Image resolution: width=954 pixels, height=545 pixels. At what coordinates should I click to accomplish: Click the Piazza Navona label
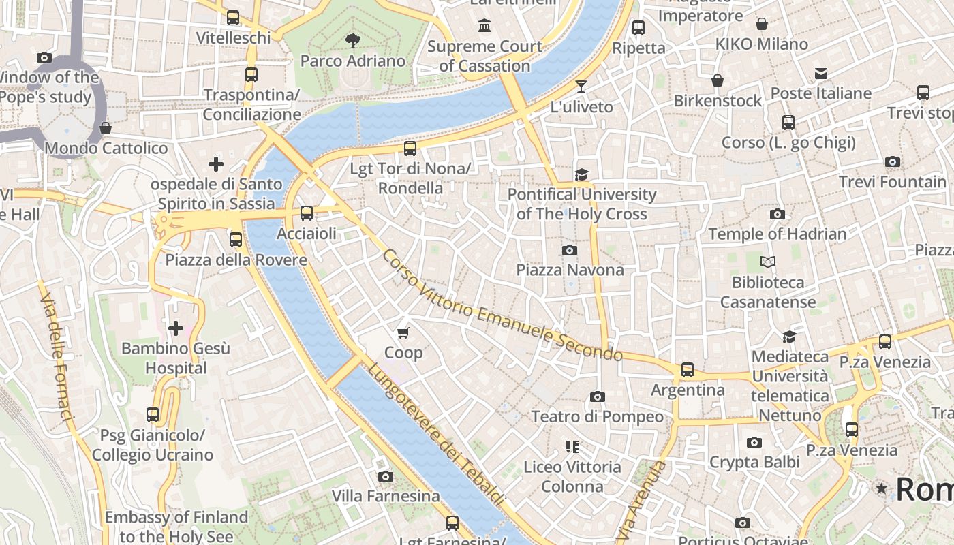point(570,270)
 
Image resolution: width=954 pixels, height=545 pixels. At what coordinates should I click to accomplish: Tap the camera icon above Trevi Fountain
point(892,162)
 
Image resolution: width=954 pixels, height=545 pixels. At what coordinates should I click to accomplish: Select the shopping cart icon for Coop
point(403,332)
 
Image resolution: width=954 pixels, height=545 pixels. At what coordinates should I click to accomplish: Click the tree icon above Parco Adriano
point(352,41)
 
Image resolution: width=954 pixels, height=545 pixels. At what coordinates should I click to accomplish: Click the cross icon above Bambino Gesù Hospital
point(176,329)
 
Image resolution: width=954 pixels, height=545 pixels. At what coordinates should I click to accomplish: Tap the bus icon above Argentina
point(688,370)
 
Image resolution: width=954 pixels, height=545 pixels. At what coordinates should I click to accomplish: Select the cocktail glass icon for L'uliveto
point(581,86)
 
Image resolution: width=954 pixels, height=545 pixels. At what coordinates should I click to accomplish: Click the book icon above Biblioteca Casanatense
point(768,262)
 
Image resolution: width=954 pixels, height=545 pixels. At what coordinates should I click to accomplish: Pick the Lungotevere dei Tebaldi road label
point(437,434)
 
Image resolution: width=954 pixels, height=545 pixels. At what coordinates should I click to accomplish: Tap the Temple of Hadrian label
point(777,234)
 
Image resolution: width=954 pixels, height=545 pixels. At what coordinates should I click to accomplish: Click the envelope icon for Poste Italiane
point(820,74)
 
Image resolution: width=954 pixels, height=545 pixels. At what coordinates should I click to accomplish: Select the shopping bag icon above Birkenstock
point(718,81)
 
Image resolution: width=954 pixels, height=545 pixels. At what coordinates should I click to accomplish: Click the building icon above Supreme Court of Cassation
point(484,26)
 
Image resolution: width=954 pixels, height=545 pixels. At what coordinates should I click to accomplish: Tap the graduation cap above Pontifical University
point(581,175)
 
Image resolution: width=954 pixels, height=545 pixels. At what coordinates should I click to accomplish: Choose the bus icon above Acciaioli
point(307,213)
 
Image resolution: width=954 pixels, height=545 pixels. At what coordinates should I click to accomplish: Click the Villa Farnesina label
point(386,496)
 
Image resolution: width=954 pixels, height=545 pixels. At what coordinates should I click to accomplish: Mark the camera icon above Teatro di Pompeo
point(597,396)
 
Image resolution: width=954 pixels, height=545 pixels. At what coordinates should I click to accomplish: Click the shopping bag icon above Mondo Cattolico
point(106,128)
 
